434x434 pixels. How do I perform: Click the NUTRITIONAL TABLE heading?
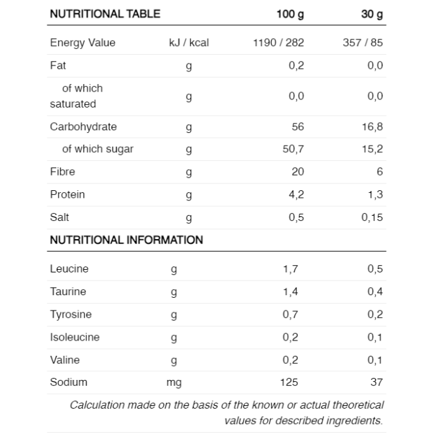pyautogui.click(x=105, y=14)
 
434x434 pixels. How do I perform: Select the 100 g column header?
pyautogui.click(x=290, y=15)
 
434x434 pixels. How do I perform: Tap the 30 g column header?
pyautogui.click(x=372, y=15)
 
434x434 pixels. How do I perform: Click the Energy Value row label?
pyautogui.click(x=83, y=43)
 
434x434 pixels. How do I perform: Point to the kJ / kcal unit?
pyautogui.click(x=189, y=43)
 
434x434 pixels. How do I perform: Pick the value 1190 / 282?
pyautogui.click(x=278, y=43)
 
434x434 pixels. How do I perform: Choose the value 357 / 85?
pyautogui.click(x=363, y=43)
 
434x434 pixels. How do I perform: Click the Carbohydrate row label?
pyautogui.click(x=83, y=127)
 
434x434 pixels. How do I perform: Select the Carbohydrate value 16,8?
pyautogui.click(x=373, y=127)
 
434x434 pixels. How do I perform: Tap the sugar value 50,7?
pyautogui.click(x=293, y=149)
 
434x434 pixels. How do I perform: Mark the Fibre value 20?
pyautogui.click(x=298, y=172)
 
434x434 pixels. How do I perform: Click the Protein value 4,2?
pyautogui.click(x=296, y=194)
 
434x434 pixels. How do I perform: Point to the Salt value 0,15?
pyautogui.click(x=373, y=217)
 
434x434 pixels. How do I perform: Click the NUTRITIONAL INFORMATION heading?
pyautogui.click(x=126, y=240)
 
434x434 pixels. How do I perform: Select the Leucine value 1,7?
pyautogui.click(x=290, y=269)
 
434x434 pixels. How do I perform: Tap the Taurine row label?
pyautogui.click(x=68, y=292)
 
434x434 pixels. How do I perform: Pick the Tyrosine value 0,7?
pyautogui.click(x=290, y=314)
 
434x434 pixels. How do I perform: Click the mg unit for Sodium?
pyautogui.click(x=174, y=383)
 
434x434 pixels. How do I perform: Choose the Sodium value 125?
pyautogui.click(x=289, y=382)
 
